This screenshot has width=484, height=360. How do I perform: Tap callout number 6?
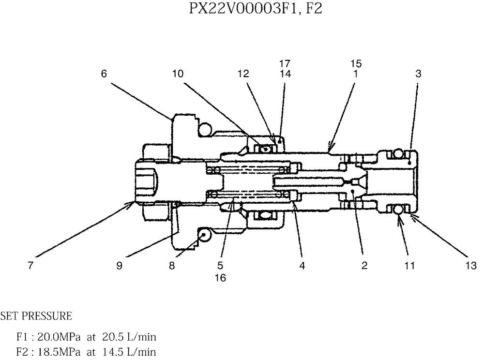(104, 74)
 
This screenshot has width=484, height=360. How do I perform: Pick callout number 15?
(357, 63)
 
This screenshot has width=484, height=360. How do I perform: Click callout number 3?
(418, 74)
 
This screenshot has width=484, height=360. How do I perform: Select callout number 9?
(119, 266)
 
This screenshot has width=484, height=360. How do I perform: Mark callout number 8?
(171, 266)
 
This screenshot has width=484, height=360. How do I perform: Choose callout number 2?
(364, 266)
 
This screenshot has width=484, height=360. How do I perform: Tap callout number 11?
(409, 266)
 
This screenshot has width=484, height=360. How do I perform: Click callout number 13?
(472, 266)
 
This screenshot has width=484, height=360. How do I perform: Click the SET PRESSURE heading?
(36, 316)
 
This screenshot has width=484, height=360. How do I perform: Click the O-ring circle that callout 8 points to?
(204, 236)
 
